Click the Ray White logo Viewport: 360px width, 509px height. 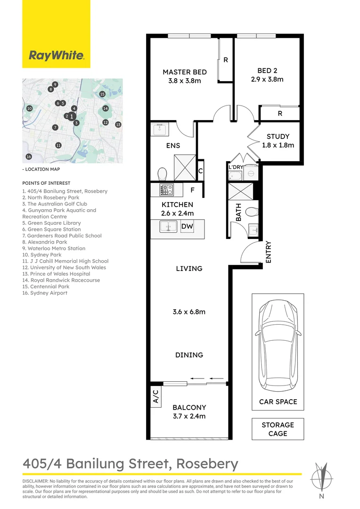point(57,56)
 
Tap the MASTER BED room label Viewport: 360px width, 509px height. point(185,72)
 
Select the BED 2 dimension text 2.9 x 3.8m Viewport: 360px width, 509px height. point(267,79)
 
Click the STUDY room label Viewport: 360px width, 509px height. point(278,137)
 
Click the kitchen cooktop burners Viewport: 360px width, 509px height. point(167,190)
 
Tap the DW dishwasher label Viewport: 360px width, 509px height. point(187,226)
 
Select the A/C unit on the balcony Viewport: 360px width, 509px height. point(156,396)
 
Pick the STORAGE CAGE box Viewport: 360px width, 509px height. point(278,429)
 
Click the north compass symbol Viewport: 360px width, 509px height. point(321,479)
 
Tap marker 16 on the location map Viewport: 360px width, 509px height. point(29,157)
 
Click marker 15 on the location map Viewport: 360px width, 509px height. point(102,94)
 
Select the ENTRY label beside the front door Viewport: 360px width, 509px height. point(268,252)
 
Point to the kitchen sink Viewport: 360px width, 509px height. point(168,227)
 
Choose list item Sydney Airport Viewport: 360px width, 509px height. point(45,293)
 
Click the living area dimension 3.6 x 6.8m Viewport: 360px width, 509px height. point(189,312)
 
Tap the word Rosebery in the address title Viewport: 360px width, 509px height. point(207,464)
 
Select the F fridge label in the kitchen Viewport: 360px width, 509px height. point(193,190)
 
